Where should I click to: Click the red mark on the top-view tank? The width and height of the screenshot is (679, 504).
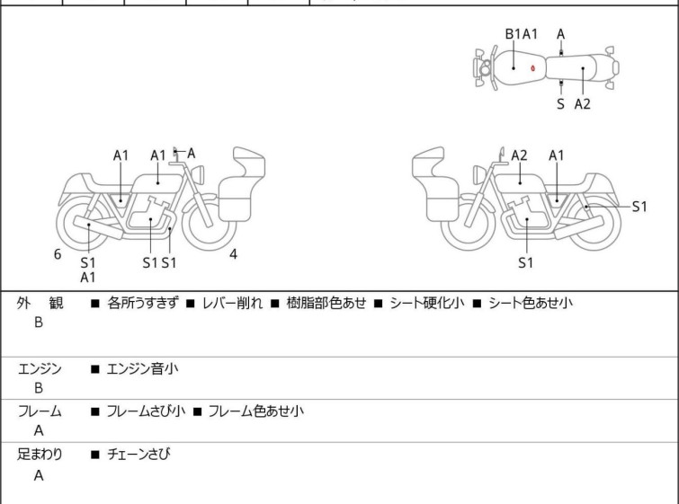(x=533, y=67)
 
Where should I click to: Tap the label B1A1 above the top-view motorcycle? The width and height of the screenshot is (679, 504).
(x=521, y=34)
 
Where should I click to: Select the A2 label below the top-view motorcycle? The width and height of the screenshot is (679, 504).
(x=583, y=104)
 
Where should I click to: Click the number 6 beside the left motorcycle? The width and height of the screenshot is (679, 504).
(x=58, y=254)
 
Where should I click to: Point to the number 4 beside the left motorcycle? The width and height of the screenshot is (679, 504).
(x=233, y=254)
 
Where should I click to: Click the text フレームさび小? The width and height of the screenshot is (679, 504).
(x=146, y=411)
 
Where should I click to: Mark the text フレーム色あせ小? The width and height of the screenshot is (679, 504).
(x=255, y=411)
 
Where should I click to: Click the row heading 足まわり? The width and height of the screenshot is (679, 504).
(x=40, y=455)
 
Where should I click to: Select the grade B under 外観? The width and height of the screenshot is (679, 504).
(x=39, y=323)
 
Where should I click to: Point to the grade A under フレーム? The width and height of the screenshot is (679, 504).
(x=39, y=431)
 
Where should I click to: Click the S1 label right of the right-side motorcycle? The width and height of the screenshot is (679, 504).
(x=639, y=206)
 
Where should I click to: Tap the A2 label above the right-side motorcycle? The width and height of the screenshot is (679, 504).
(x=519, y=155)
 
